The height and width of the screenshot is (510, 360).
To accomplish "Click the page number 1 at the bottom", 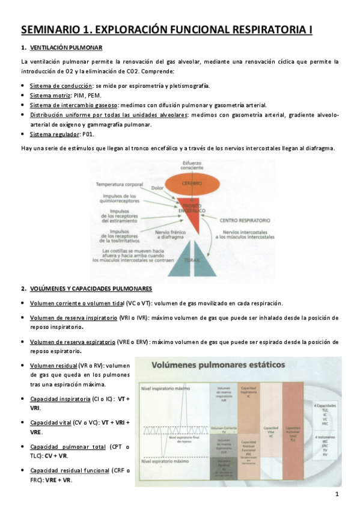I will click(337, 494).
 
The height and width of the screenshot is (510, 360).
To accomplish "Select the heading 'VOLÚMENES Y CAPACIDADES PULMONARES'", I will click(91, 288).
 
